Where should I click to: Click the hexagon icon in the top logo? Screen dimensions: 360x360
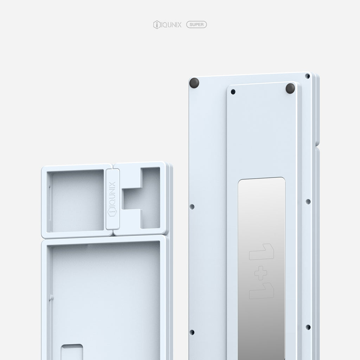pos(156,25)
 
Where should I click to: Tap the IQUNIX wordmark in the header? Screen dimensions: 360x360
pos(171,25)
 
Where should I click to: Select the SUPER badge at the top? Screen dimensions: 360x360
pos(197,25)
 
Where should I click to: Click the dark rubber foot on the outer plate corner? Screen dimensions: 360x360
pos(194,83)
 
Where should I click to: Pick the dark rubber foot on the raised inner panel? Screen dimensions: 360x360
pos(290,88)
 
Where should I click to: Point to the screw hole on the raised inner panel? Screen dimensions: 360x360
pos(233,92)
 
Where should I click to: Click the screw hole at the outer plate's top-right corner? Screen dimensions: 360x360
pos(307,76)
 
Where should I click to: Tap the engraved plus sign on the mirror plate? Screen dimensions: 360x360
pos(261,273)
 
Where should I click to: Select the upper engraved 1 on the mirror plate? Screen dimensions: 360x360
pos(262,252)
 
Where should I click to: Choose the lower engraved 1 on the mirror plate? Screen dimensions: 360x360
pos(262,291)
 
